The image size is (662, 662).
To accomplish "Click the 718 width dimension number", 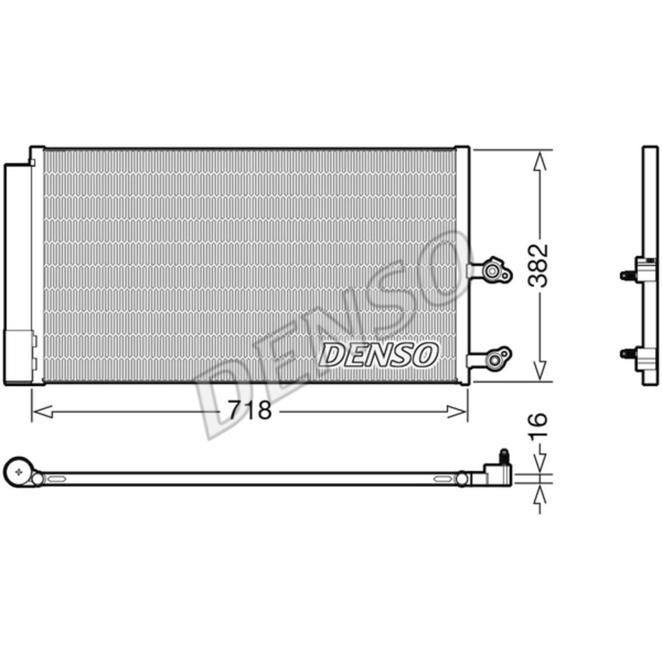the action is tap(250, 410).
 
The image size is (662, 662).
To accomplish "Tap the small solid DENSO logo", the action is tap(378, 354).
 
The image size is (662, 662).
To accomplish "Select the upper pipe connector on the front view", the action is tap(490, 270).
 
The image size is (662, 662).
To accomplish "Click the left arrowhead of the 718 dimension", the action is tap(42, 411).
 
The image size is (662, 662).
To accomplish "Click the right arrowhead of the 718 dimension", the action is tap(457, 411).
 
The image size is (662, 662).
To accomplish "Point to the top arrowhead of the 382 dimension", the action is tap(540, 162).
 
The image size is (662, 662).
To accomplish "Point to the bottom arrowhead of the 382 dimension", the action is tap(540, 369).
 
